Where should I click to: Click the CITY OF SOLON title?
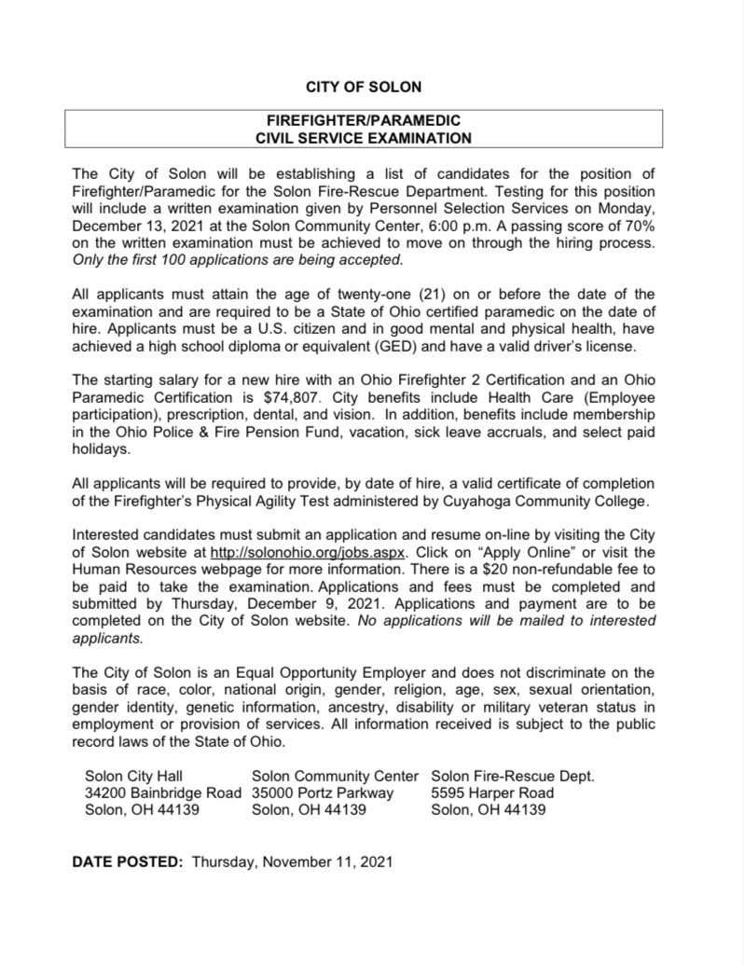[364, 88]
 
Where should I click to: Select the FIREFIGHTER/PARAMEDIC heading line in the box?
[364, 121]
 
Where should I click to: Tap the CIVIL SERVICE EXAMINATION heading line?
[364, 138]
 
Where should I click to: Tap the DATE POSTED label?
[128, 862]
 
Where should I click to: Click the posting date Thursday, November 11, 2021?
[293, 862]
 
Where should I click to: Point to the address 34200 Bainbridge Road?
[162, 793]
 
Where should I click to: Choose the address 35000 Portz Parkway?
[324, 793]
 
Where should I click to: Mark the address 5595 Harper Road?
[492, 793]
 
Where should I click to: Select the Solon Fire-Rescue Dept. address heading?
[512, 776]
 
